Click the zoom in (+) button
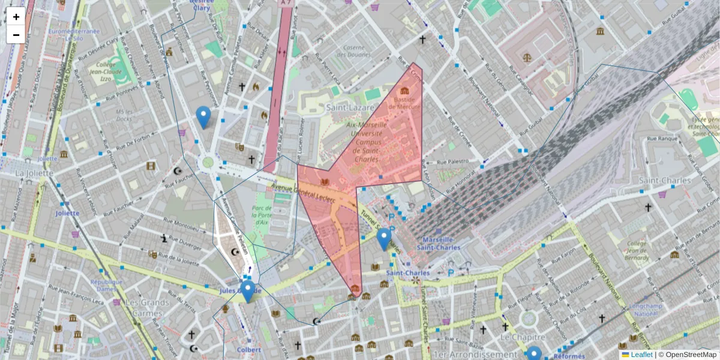(x=16, y=17)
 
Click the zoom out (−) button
(x=16, y=35)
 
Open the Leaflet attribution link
(x=641, y=355)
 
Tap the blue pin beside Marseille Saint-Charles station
(x=384, y=239)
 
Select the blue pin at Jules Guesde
(x=247, y=291)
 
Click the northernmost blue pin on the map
(x=203, y=116)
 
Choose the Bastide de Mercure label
(x=403, y=103)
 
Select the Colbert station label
(x=248, y=349)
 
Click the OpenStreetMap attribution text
(x=690, y=355)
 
